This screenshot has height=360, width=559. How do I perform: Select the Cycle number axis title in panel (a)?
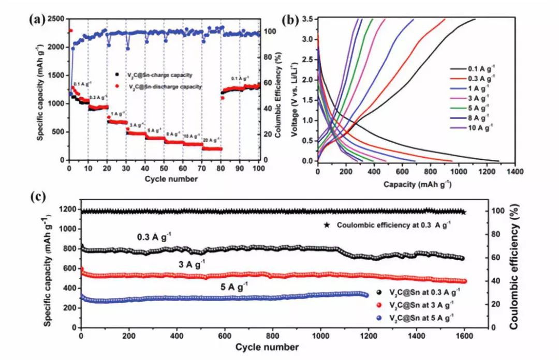[165, 179]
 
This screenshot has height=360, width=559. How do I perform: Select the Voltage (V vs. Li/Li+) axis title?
[295, 89]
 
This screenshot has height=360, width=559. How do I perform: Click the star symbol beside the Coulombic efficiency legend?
[327, 225]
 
